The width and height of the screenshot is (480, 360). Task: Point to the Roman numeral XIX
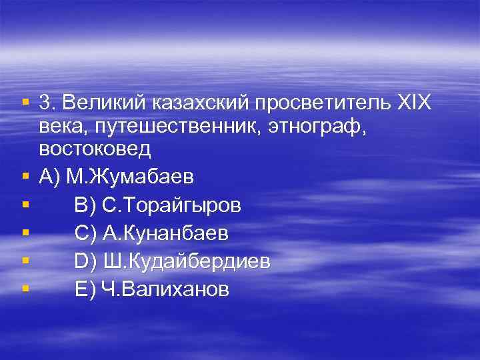(414, 103)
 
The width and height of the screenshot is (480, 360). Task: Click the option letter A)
(50, 177)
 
